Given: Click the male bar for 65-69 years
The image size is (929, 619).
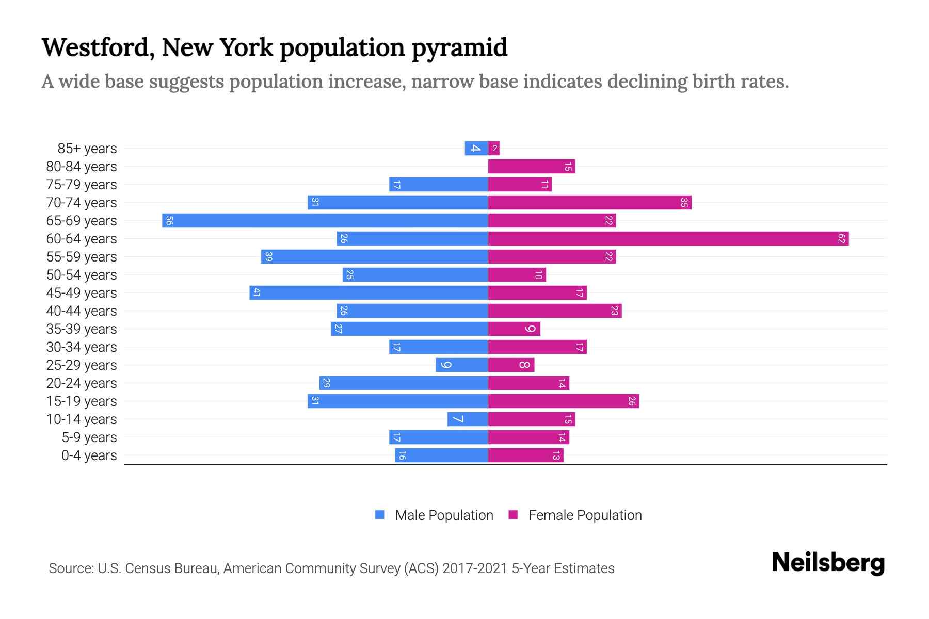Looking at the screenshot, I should coord(325,221).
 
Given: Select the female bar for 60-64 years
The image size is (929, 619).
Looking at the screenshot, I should coord(668,239).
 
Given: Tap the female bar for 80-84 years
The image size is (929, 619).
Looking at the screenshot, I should coord(532,167).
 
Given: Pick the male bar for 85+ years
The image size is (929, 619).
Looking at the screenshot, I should coord(476,149).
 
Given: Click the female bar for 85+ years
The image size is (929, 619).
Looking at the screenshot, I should coord(494,149).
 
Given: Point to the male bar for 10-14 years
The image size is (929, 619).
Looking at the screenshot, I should coord(468,419).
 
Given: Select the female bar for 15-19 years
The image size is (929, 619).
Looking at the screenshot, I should coord(564,401).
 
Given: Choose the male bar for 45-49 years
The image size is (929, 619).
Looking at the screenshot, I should coord(369,293).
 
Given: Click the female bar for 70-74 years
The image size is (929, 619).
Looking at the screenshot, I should coord(589,203).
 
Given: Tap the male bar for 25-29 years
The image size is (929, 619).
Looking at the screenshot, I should coord(461,365).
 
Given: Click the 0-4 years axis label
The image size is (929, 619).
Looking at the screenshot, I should coord(89,455).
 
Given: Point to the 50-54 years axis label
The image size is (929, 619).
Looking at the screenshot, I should coord(82,275).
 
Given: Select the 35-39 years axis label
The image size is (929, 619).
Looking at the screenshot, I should coord(82,329).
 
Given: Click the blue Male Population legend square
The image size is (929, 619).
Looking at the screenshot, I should coord(380,515).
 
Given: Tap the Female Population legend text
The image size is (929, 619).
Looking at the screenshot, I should coord(585,515).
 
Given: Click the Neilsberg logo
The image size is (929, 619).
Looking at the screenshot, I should coord(828,563).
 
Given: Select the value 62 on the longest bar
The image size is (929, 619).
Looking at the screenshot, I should coord(841,239).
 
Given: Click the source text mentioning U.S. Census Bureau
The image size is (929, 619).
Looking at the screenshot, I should coord(331,568).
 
